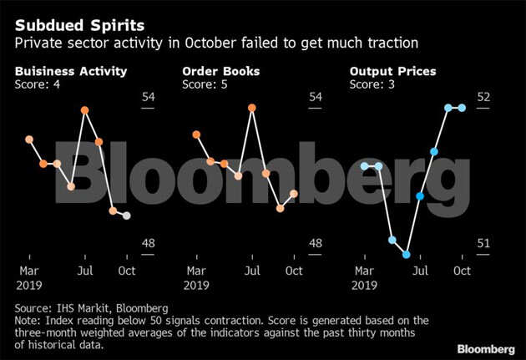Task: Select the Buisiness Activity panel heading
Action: tap(71, 71)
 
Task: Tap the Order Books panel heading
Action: tap(220, 71)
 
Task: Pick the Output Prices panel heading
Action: tap(393, 71)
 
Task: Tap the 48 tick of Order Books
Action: tap(316, 244)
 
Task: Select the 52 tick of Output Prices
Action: tap(483, 97)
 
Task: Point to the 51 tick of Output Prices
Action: tap(483, 244)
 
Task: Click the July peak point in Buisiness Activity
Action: tap(84, 110)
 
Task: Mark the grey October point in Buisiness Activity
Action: tap(126, 215)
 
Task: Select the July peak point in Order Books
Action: tap(251, 107)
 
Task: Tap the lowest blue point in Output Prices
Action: tap(407, 255)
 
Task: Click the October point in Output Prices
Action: tap(462, 108)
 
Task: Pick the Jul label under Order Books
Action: tap(251, 271)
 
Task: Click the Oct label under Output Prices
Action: tap(462, 271)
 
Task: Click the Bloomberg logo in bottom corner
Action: tap(485, 347)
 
